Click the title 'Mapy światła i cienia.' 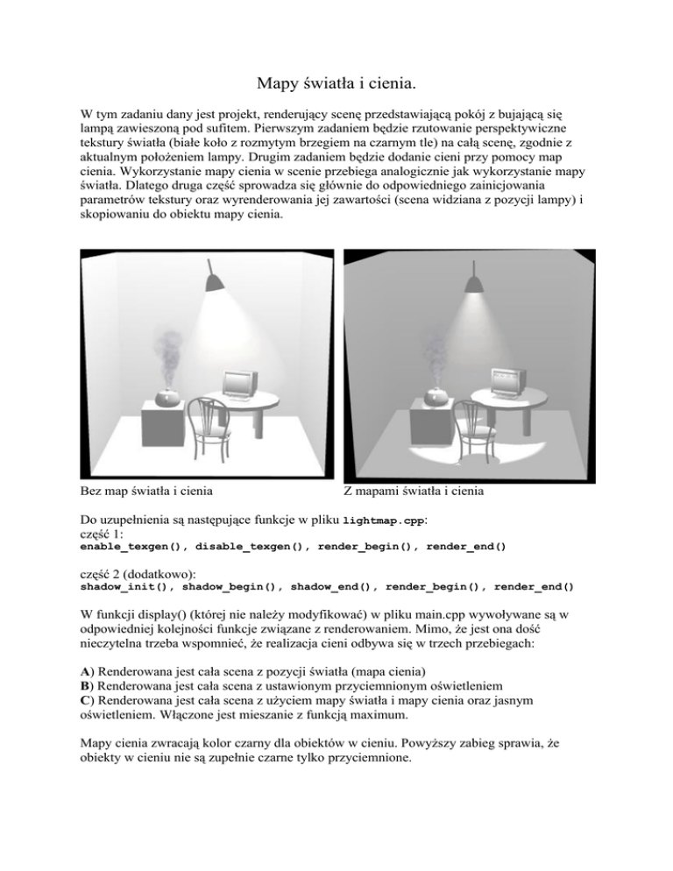[336, 85]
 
